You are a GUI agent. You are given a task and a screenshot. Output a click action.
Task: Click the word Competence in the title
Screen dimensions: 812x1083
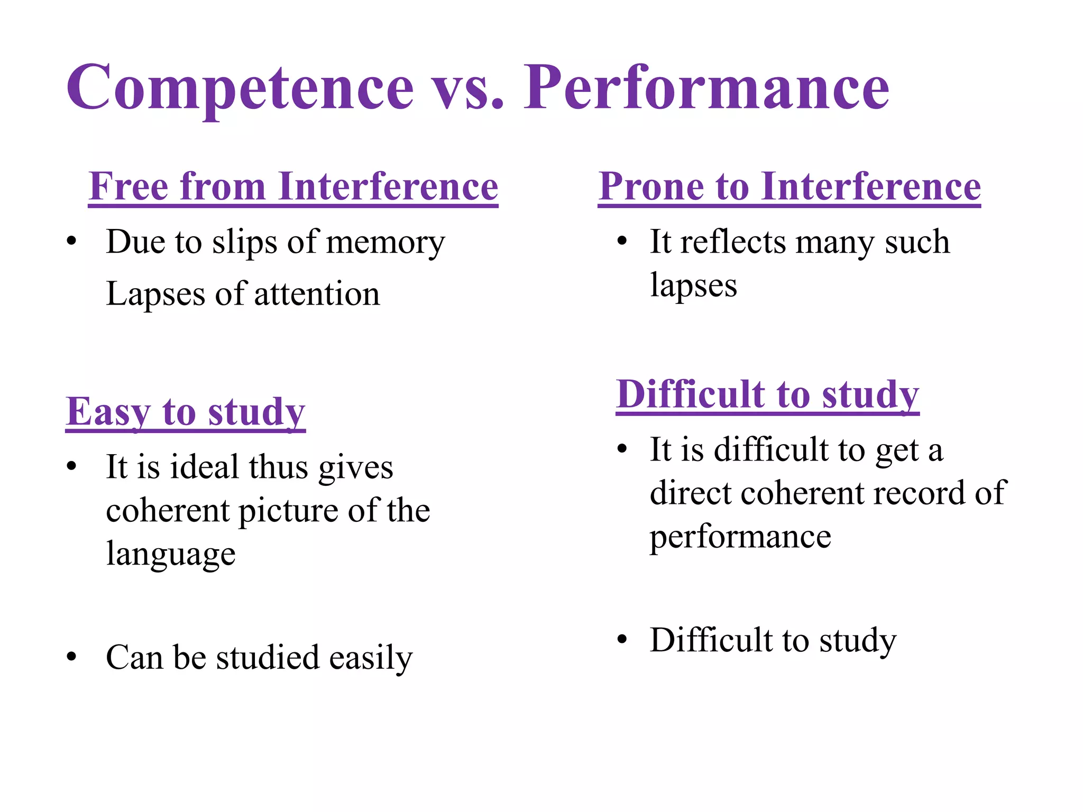tap(240, 87)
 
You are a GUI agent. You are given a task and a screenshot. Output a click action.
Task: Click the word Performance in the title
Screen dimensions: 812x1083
tap(706, 87)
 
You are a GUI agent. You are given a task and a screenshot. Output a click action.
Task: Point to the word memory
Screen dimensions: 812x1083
tap(386, 243)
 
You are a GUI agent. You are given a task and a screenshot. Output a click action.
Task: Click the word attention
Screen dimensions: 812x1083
tap(317, 294)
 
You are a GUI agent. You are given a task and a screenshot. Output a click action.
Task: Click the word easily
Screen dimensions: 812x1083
tap(370, 658)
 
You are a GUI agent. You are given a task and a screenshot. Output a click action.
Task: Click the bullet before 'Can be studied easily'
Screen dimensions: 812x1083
tap(72, 657)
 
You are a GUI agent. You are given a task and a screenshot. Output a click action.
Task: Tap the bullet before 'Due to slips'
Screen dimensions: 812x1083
tap(72, 242)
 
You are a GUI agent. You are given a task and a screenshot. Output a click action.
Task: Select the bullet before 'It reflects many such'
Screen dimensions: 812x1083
tap(622, 242)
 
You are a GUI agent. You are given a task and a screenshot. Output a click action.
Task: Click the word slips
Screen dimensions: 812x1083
tap(244, 243)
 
